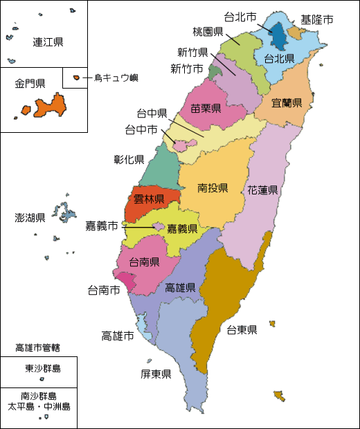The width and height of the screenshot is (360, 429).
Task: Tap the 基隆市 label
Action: [x=316, y=19]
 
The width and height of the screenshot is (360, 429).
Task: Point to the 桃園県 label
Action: [x=208, y=32]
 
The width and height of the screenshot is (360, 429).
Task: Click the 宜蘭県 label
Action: [x=287, y=103]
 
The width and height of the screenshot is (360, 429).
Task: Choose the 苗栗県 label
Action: [x=206, y=108]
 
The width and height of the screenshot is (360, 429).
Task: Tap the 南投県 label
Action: [x=213, y=188]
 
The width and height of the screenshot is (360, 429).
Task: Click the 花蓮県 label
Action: [x=262, y=190]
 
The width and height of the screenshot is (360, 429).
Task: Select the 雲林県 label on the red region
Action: [x=149, y=200]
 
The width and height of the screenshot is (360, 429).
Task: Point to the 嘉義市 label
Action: [x=101, y=226]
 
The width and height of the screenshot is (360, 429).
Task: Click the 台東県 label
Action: [x=242, y=329]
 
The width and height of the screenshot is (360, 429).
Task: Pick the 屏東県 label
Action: [x=156, y=374]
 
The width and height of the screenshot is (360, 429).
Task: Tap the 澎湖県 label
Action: [x=30, y=218]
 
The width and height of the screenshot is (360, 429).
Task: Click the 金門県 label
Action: [x=30, y=84]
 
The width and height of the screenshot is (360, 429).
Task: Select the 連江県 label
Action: [x=48, y=42]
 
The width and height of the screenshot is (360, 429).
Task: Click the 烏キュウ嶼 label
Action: [x=116, y=77]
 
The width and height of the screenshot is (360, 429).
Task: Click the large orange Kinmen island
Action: [x=51, y=105]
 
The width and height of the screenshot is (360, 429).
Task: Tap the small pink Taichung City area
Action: [x=181, y=145]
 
